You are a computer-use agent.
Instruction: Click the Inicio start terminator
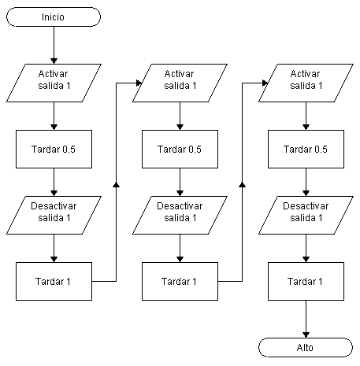[x=54, y=17]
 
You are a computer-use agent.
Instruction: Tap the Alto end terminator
[x=306, y=347]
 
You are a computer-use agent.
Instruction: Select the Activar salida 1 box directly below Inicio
[x=54, y=83]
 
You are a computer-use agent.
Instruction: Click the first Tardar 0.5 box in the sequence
[x=54, y=149]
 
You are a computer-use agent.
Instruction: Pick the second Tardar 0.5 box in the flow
[x=180, y=149]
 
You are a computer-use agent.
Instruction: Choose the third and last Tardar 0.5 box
[x=306, y=149]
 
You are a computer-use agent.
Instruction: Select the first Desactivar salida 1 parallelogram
[x=54, y=215]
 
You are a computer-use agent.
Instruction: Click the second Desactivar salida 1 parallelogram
[x=180, y=215]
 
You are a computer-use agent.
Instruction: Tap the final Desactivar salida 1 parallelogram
[x=306, y=215]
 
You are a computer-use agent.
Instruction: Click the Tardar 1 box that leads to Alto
[x=306, y=281]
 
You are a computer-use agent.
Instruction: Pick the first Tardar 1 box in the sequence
[x=54, y=281]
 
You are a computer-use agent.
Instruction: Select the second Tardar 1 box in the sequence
[x=180, y=281]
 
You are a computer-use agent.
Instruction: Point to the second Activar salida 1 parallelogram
[x=180, y=83]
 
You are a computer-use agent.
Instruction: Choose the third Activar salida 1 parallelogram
[x=306, y=83]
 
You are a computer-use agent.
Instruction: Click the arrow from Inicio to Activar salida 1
[x=54, y=45]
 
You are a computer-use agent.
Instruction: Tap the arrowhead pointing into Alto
[x=306, y=335]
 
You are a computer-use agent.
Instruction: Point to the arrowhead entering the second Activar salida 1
[x=139, y=83]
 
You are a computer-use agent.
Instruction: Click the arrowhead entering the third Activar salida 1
[x=265, y=83]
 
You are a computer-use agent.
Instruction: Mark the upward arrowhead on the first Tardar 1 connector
[x=116, y=185]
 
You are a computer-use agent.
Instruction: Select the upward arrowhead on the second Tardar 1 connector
[x=242, y=185]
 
